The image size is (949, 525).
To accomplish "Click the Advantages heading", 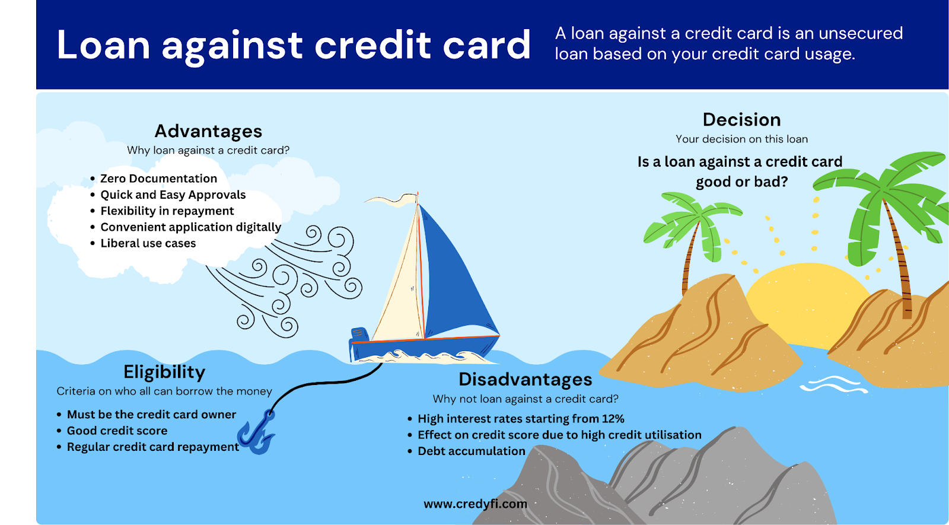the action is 208,131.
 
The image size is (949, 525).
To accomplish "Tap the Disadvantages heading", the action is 526,379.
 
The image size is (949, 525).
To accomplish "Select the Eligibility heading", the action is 164,373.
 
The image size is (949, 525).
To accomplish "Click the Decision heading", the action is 741,120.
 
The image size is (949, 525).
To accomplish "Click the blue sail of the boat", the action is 457,275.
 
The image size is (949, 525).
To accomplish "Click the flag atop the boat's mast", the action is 392,199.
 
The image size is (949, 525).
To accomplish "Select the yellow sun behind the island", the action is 807,301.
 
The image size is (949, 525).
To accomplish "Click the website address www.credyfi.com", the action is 475,504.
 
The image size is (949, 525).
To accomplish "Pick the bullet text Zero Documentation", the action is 158,179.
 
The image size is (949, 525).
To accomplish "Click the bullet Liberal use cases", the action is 148,243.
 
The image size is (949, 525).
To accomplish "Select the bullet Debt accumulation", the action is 472,451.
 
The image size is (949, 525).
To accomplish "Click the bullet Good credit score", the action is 117,431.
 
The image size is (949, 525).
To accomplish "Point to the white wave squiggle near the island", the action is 833,385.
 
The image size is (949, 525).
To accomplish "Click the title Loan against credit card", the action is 294,45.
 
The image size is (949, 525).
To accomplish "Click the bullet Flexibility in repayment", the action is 167,211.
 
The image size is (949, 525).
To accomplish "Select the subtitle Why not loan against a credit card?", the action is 526,399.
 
